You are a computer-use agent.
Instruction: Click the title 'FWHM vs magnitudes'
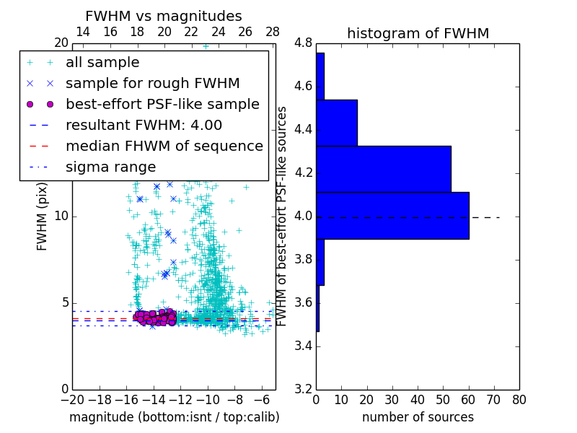click(x=163, y=17)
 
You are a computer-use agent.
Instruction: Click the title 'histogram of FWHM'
click(x=418, y=33)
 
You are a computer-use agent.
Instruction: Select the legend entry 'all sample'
click(x=102, y=63)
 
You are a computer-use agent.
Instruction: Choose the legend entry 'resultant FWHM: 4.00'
click(x=144, y=125)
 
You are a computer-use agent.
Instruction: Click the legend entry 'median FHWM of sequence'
click(x=164, y=146)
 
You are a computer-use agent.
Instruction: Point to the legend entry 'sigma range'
click(x=110, y=167)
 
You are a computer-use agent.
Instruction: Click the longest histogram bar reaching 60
click(x=392, y=215)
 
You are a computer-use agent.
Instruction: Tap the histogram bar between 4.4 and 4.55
click(x=337, y=123)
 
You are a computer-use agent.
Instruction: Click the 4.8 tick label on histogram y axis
click(x=303, y=43)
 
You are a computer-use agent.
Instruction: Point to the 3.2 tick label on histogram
click(x=303, y=389)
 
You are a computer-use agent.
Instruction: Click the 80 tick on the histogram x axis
click(x=519, y=400)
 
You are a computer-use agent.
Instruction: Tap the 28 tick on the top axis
click(x=273, y=32)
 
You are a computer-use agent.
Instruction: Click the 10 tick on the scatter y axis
click(x=61, y=216)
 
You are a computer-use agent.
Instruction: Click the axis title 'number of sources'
click(x=418, y=417)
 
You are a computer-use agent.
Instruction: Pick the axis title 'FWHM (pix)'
click(x=43, y=216)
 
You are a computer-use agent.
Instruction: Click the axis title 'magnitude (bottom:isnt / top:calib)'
click(x=174, y=417)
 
